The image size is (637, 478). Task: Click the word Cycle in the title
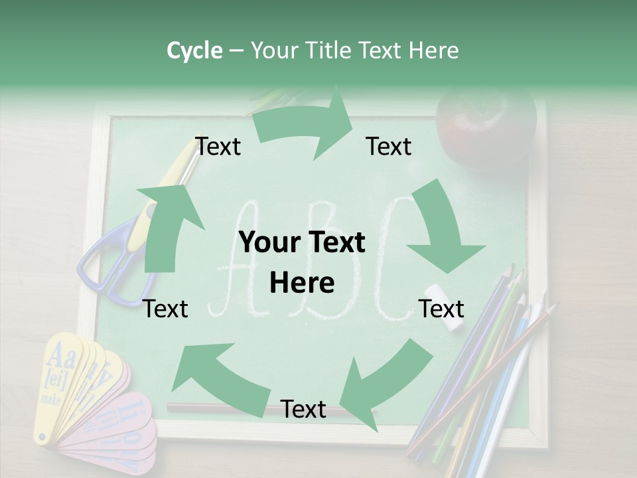[194, 50]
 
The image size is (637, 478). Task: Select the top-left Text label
[218, 147]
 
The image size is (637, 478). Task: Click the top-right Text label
[389, 147]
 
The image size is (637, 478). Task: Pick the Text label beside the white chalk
[441, 309]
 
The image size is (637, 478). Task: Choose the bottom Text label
[303, 410]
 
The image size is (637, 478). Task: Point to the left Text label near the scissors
[166, 309]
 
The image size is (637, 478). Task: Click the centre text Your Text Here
[303, 262]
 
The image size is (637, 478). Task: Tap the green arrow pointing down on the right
[444, 229]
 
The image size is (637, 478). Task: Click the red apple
[486, 123]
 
